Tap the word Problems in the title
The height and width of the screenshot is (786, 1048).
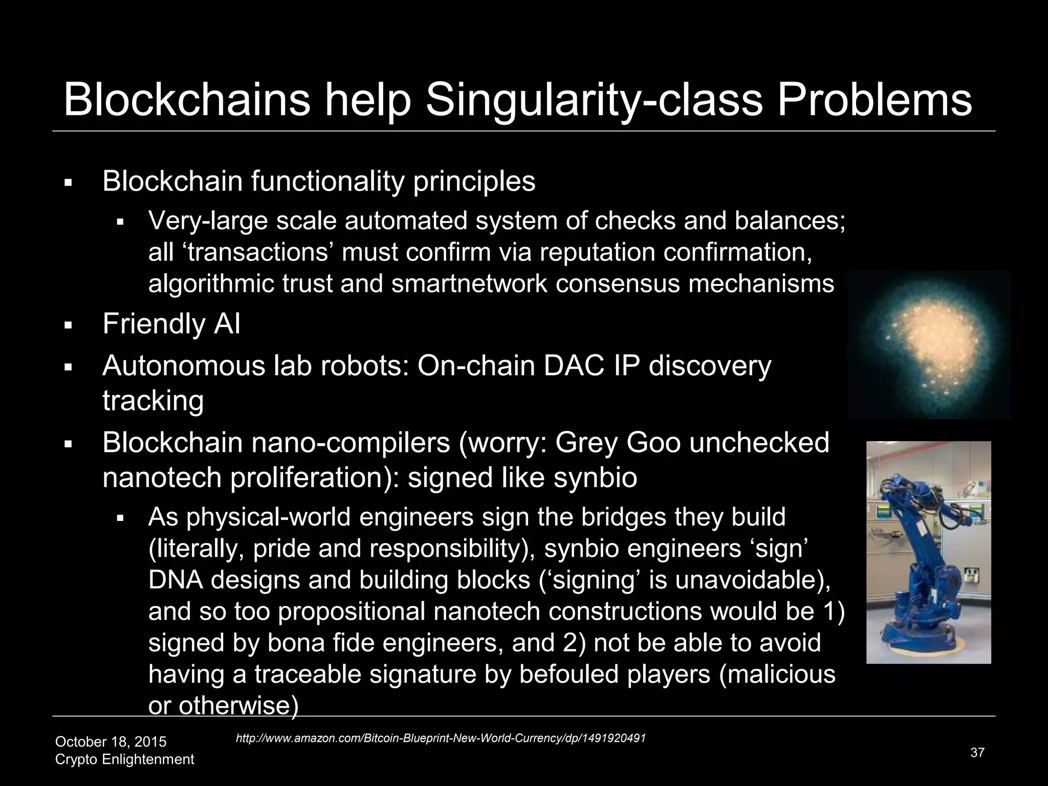[875, 100]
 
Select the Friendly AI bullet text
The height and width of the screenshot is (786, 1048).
[171, 324]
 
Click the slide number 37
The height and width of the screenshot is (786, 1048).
[977, 753]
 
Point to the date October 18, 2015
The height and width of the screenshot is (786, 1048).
[111, 741]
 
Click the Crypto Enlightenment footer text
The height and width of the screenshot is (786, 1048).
[124, 759]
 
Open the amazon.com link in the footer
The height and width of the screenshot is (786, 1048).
[441, 738]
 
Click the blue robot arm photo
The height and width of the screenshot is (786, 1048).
[928, 552]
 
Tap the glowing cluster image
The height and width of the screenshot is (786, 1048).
[929, 345]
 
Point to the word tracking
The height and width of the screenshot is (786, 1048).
[153, 400]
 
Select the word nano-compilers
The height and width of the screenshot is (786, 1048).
[348, 443]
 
